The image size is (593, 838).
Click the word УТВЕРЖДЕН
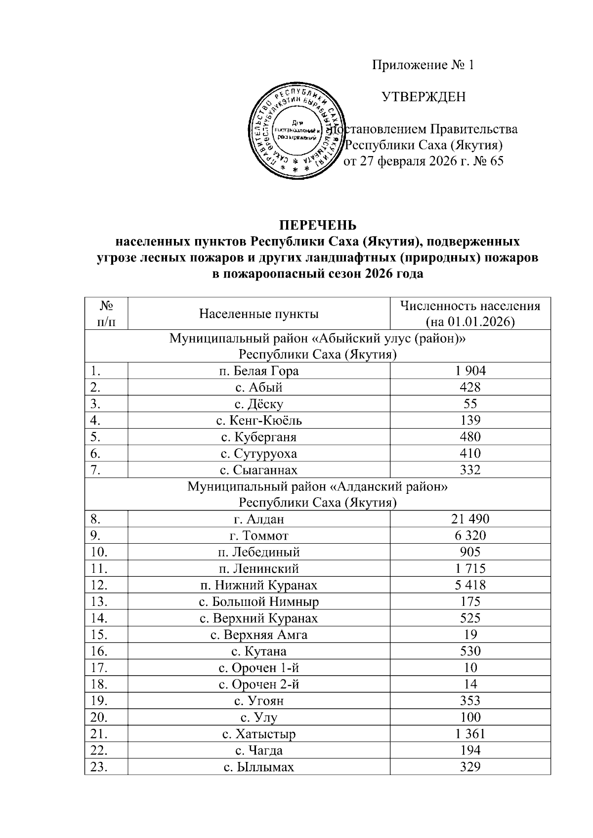tap(424, 97)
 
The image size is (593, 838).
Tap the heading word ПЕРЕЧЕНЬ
tap(317, 226)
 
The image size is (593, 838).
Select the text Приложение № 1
tap(423, 65)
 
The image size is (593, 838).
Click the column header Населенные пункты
tap(258, 314)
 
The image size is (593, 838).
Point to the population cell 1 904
tap(470, 371)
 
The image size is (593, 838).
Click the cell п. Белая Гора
tap(258, 371)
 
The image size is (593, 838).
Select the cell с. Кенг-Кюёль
tap(258, 421)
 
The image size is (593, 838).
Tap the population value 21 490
tap(470, 519)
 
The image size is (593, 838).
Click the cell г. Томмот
tap(258, 536)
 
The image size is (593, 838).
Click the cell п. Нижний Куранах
tap(258, 585)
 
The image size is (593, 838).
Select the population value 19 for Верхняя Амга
tap(470, 635)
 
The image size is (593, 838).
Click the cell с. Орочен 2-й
tap(258, 684)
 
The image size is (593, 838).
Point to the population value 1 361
tap(470, 734)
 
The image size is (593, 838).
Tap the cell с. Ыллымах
tap(258, 767)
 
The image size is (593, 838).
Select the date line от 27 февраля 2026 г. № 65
tap(424, 161)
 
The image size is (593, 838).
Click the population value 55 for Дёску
tap(470, 404)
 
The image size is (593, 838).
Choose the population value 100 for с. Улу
tap(470, 717)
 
